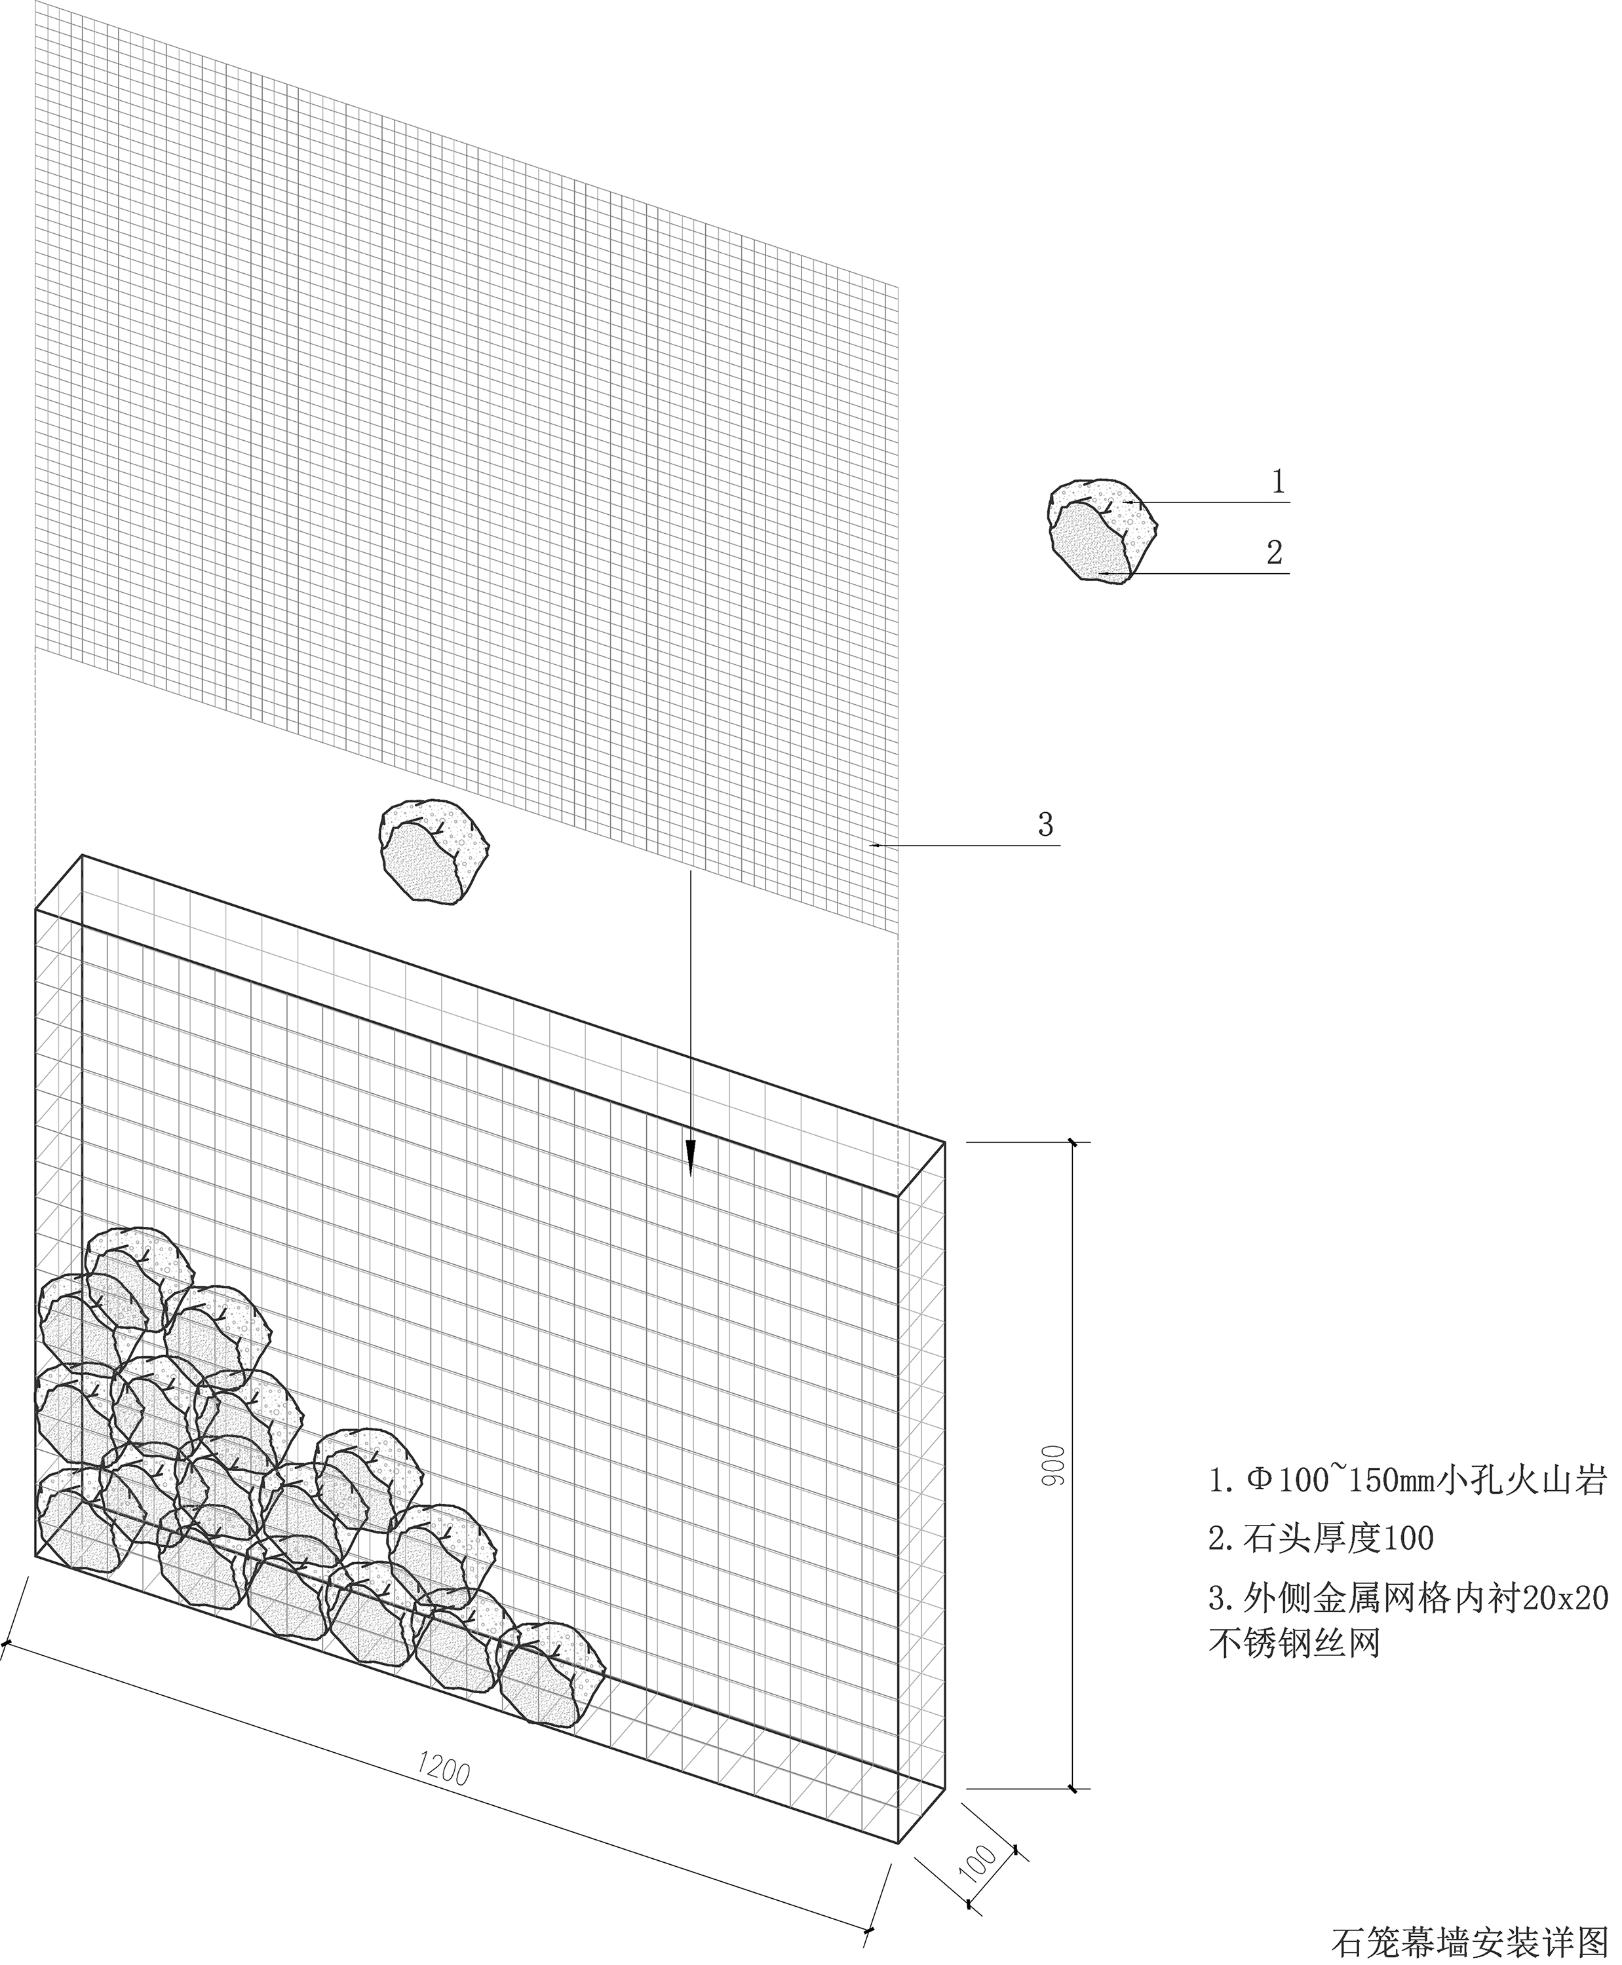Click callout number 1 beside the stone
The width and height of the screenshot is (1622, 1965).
click(1278, 482)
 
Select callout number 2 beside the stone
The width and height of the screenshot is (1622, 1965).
click(1275, 552)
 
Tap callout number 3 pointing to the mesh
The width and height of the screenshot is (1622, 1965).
click(1045, 825)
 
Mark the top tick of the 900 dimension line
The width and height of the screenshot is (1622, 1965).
click(1073, 1142)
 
